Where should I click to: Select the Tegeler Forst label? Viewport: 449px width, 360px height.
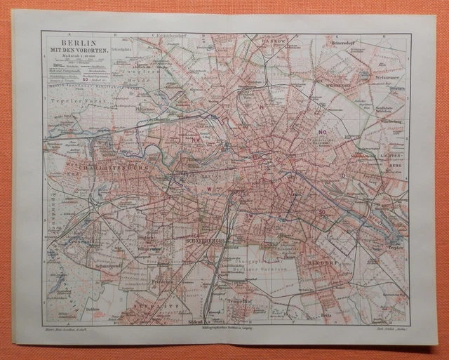click(x=73, y=101)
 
